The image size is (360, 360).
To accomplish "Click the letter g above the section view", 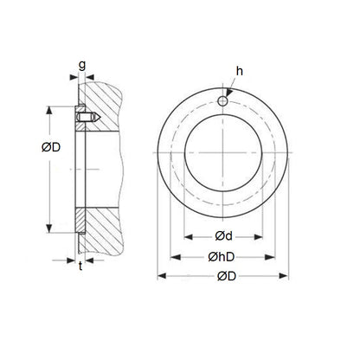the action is point(82,66).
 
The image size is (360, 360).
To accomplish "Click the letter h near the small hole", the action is point(240,71).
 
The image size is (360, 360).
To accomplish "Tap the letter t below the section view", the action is point(80,266).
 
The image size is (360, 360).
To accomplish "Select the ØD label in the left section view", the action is point(51,147).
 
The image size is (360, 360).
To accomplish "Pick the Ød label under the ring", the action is point(223,236).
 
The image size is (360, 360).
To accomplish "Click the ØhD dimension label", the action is point(222,257).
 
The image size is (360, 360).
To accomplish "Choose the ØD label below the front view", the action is point(227,276).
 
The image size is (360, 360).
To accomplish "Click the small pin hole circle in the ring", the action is point(222,101).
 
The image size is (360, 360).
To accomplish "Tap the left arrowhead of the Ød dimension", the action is point(189,237).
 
